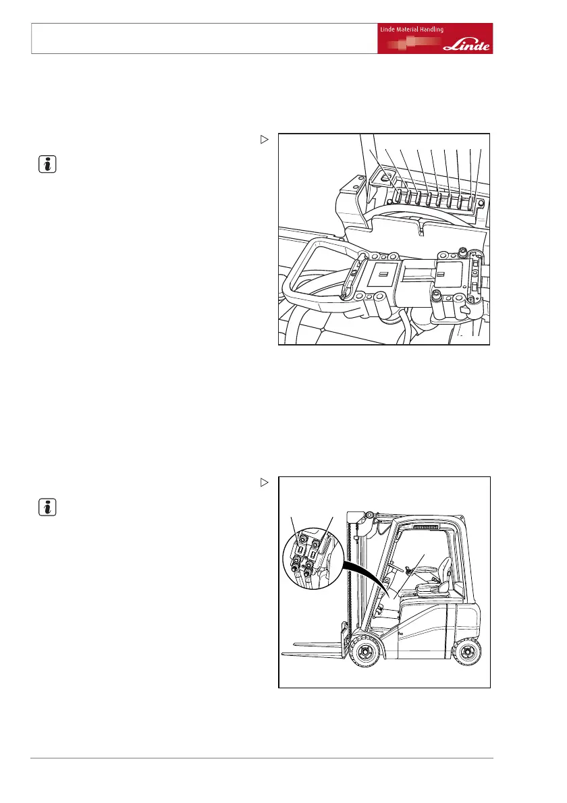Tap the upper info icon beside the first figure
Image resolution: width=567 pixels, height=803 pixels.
[45, 164]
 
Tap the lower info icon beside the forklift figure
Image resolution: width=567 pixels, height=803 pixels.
[45, 507]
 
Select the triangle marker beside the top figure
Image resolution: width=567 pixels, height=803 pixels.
[265, 140]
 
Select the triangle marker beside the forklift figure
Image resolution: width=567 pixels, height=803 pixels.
[265, 482]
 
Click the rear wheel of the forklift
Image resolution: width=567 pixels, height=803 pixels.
[468, 653]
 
